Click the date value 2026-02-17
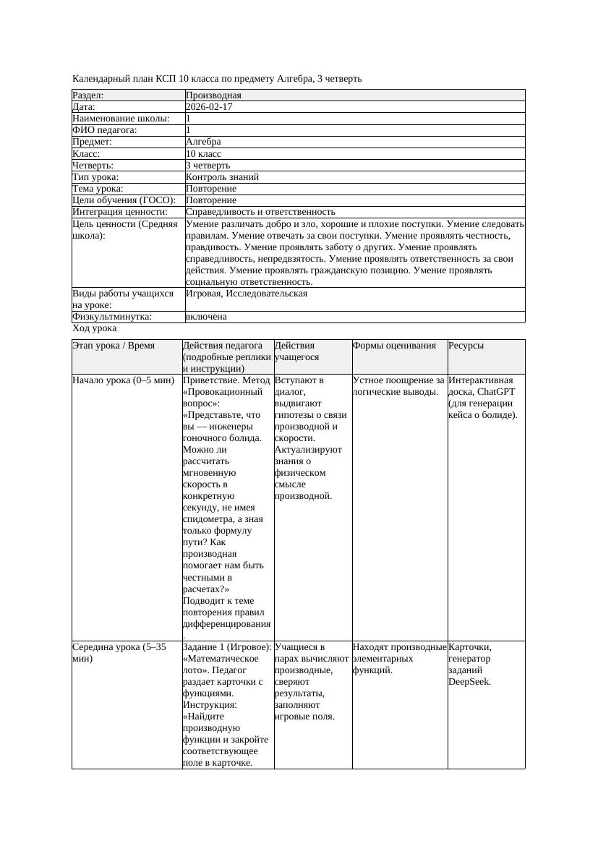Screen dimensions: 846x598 (x=209, y=107)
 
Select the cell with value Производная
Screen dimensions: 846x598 (x=213, y=95)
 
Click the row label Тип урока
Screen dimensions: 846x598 (x=95, y=177)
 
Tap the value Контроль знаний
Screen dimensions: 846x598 (x=222, y=177)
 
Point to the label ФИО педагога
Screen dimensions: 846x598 (x=105, y=130)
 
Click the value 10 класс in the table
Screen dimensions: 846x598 (x=203, y=154)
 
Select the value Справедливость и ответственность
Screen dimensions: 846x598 (x=260, y=212)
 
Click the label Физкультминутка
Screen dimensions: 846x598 (x=112, y=317)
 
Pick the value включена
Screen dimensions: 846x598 (x=206, y=317)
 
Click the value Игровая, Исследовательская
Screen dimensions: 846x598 (x=246, y=294)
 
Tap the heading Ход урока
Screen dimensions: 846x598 (x=94, y=328)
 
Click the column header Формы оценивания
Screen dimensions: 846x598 (x=395, y=346)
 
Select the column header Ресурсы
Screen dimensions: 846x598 (x=466, y=346)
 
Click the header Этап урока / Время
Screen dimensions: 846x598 (x=114, y=346)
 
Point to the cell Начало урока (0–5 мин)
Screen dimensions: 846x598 (x=123, y=380)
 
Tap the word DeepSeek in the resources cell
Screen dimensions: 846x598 (x=469, y=681)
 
